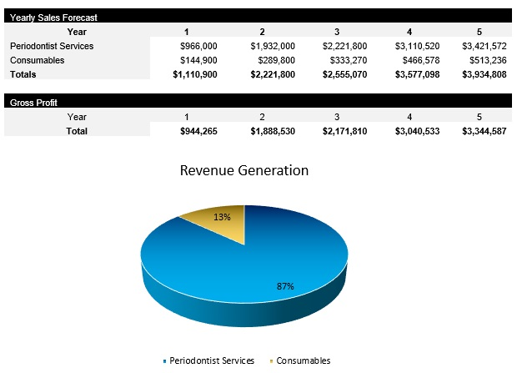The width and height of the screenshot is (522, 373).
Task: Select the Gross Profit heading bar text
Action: pyautogui.click(x=32, y=103)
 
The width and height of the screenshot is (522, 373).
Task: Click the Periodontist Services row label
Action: pyautogui.click(x=51, y=46)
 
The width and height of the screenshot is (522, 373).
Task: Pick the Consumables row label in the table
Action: pyautogui.click(x=37, y=60)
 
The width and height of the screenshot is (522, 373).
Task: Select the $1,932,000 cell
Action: pyautogui.click(x=273, y=46)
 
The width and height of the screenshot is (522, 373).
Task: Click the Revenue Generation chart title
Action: pyautogui.click(x=244, y=170)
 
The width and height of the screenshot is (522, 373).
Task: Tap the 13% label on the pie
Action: pyautogui.click(x=222, y=216)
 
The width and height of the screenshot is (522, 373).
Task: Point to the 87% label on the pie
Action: pyautogui.click(x=285, y=286)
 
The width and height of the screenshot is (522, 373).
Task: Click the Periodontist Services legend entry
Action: pyautogui.click(x=211, y=360)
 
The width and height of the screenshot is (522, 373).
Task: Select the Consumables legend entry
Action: pyautogui.click(x=303, y=360)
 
